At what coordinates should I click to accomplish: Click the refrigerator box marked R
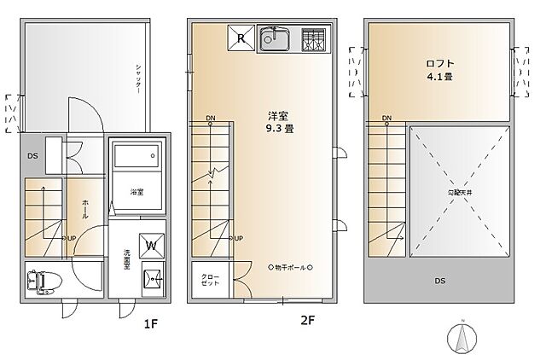pos(241,38)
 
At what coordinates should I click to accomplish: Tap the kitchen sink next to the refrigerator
pos(276,39)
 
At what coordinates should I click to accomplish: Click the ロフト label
pos(441,62)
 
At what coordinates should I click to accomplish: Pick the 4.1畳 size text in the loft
pos(441,76)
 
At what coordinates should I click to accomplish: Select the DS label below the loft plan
pos(441,280)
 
